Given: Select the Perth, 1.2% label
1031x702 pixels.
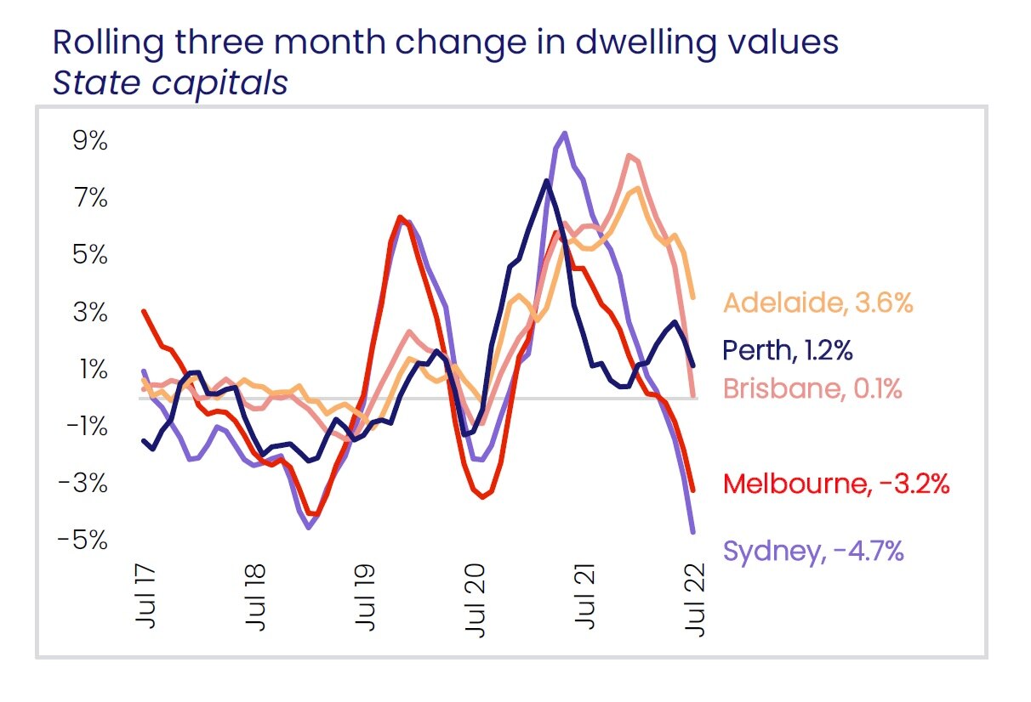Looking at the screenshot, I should click(788, 349).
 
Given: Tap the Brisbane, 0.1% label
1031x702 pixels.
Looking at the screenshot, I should click(812, 389).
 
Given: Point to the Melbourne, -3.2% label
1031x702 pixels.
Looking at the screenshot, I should click(835, 484).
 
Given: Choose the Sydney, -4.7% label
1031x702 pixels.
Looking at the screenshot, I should click(812, 551).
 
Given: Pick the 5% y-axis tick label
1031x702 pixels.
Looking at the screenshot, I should click(90, 255).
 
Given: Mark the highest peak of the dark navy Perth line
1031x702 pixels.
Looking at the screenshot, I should click(545, 180).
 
